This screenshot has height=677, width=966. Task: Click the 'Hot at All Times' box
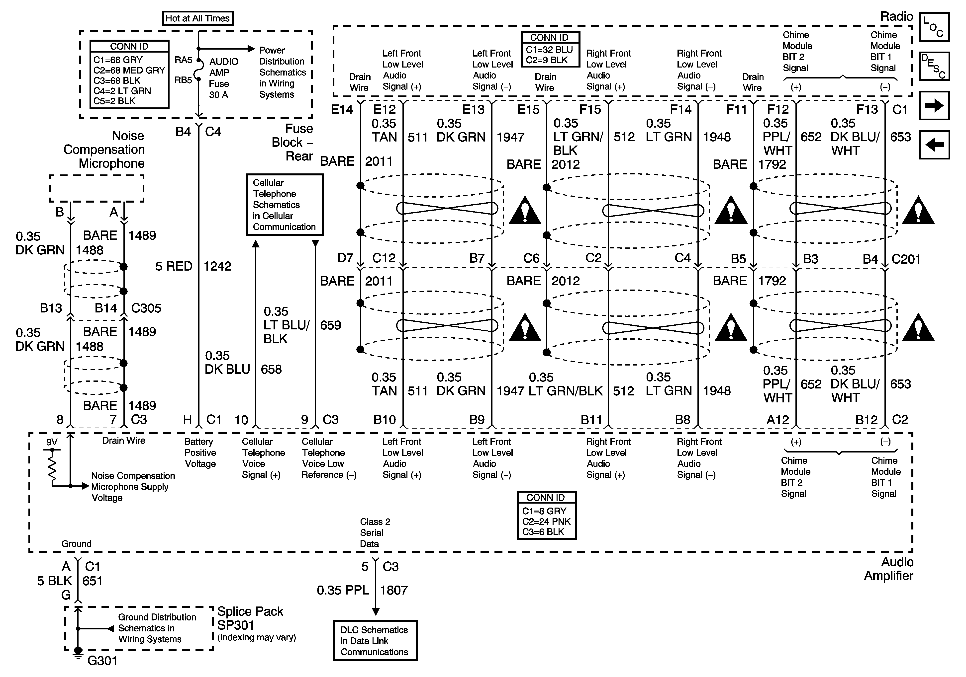tap(197, 18)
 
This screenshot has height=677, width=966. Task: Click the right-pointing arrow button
tap(934, 106)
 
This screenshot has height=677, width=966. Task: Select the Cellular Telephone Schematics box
tap(285, 205)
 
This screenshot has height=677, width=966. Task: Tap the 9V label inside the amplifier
tap(52, 442)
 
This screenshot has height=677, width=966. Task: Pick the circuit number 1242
tap(217, 266)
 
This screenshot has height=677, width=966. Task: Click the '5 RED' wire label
tap(174, 266)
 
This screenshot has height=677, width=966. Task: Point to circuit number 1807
tap(394, 590)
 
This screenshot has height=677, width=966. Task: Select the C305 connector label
tap(146, 308)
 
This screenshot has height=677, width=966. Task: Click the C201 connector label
tap(906, 259)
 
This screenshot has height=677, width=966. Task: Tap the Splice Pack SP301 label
tap(250, 618)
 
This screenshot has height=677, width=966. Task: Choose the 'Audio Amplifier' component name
tap(889, 569)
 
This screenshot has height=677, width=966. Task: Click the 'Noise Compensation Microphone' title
tap(104, 150)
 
